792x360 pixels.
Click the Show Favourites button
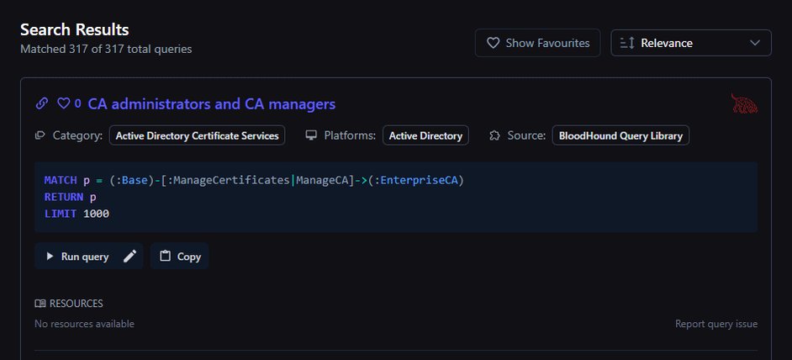click(537, 43)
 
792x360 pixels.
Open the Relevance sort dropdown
click(691, 43)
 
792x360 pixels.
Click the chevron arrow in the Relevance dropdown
click(755, 43)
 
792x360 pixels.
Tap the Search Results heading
click(74, 29)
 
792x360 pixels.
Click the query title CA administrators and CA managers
click(212, 104)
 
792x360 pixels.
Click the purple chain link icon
click(42, 103)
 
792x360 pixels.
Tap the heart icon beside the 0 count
click(63, 103)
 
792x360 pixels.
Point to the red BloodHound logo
click(744, 103)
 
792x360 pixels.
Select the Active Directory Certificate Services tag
click(197, 135)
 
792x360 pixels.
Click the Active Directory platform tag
click(425, 135)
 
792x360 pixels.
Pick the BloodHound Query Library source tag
click(620, 135)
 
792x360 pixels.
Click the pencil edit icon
click(129, 257)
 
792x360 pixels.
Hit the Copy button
click(180, 257)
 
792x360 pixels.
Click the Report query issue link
click(716, 324)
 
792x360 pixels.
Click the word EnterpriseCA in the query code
click(419, 180)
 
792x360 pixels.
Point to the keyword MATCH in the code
click(61, 180)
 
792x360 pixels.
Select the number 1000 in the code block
click(96, 214)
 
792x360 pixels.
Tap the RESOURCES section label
click(77, 304)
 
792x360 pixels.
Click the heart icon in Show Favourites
click(493, 43)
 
